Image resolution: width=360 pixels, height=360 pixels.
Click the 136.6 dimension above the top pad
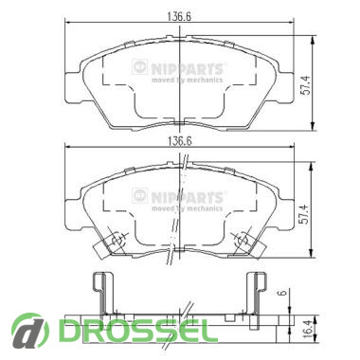(179, 16)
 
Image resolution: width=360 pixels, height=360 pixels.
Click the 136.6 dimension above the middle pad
(179, 141)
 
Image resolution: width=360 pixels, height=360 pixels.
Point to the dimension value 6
(283, 293)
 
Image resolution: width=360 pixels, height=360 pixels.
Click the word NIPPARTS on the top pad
(187, 68)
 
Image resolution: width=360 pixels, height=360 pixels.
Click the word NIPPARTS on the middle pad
(187, 197)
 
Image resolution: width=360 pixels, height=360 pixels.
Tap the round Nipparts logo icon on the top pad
(140, 67)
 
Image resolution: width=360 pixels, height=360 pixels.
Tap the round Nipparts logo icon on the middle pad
(140, 196)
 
